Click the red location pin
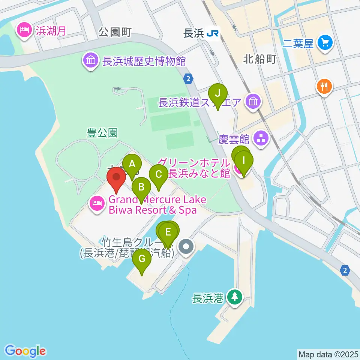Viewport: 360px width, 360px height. [x=116, y=178]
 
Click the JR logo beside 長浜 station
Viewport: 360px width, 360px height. [x=213, y=34]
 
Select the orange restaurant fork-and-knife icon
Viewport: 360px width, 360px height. [x=323, y=87]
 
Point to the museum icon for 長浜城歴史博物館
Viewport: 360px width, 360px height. [x=91, y=60]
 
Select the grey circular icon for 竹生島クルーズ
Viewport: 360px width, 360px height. [x=186, y=247]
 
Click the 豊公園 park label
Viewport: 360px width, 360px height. [x=102, y=133]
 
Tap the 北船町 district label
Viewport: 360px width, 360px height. [x=259, y=59]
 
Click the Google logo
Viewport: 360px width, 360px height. [x=25, y=351]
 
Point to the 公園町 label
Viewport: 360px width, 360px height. [x=115, y=33]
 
